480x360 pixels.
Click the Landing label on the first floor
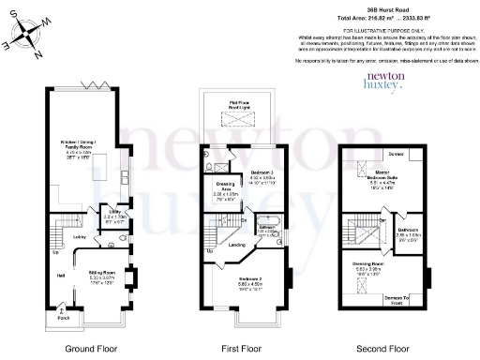point(238,246)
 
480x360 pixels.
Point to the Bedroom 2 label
point(248,279)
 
